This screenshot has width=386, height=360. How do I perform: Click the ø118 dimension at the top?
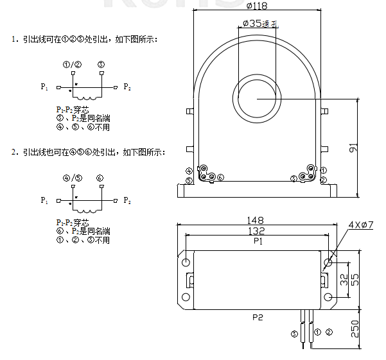pos(256,6)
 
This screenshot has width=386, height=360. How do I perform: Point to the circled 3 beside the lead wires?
pos(295,333)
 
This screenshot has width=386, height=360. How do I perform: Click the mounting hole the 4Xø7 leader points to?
pos(329,262)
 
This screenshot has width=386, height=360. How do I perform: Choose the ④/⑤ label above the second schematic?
pos(72,178)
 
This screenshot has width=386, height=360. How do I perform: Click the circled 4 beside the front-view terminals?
pos(188,171)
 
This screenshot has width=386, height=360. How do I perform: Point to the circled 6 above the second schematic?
pos(100,178)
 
